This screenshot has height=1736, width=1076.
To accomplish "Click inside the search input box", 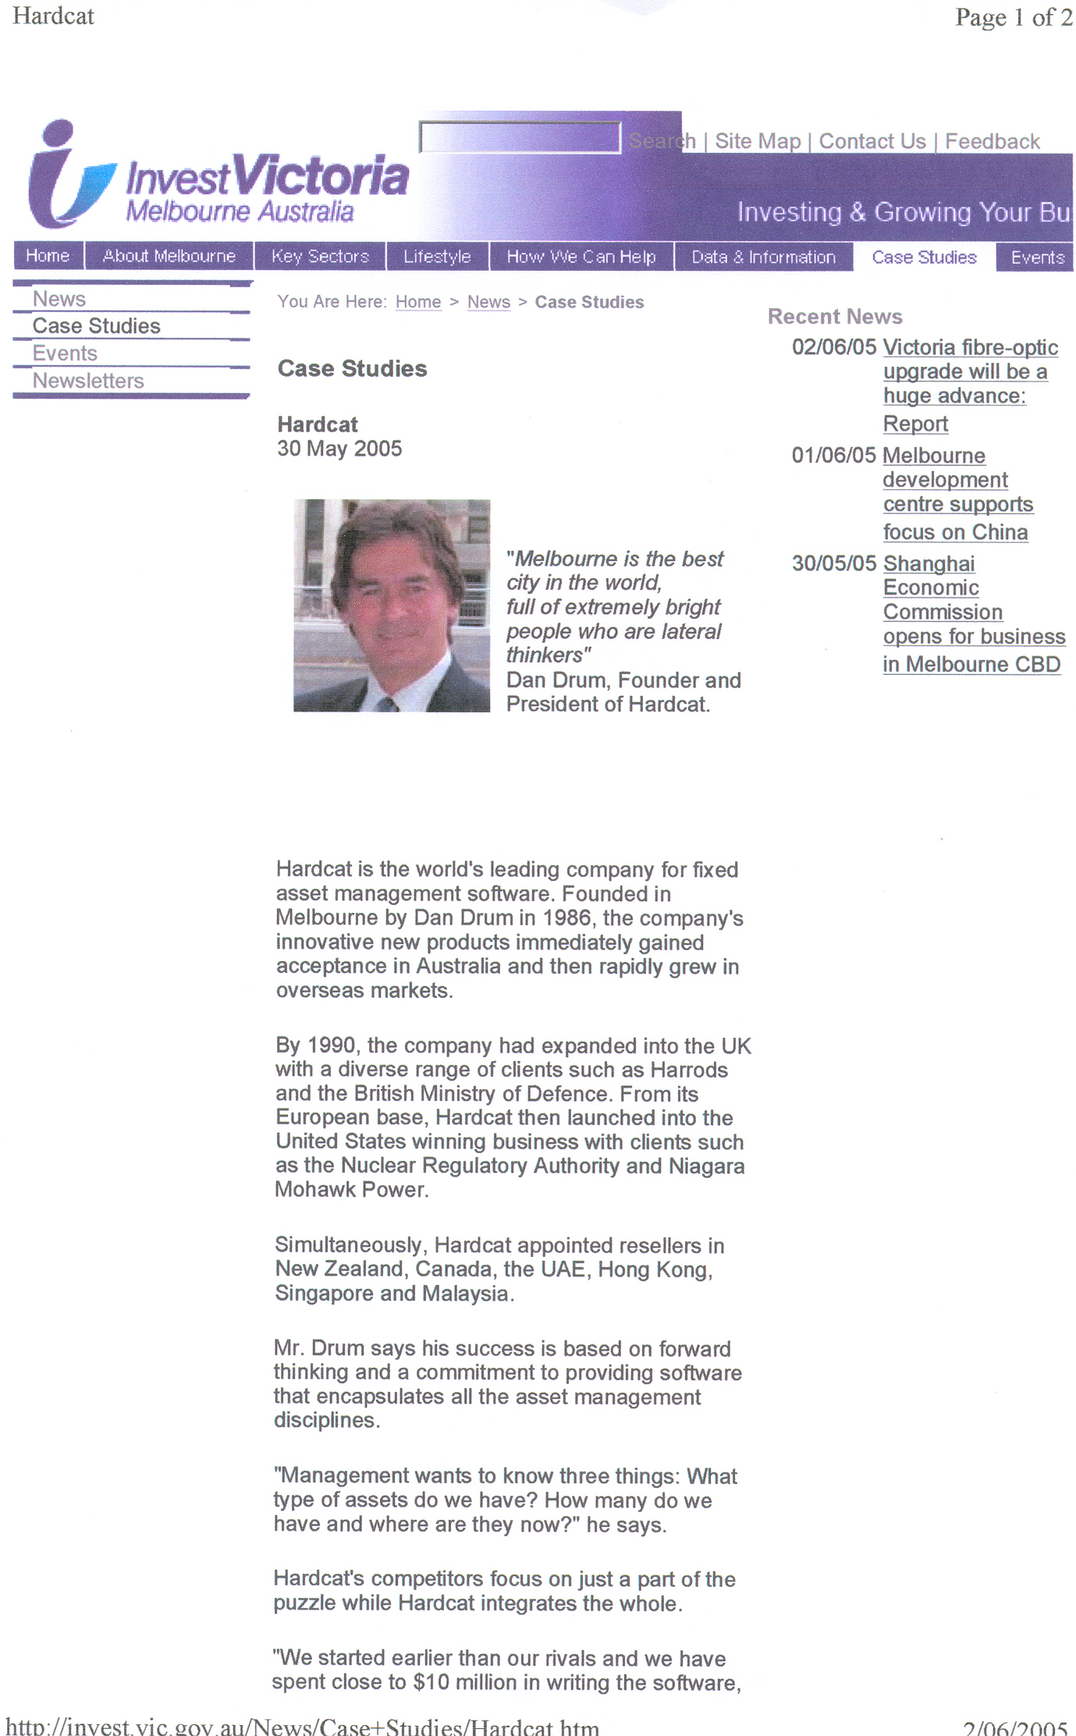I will click(x=519, y=138).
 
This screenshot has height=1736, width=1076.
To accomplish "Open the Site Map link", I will click(x=758, y=141).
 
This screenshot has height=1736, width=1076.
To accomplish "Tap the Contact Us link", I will click(x=872, y=141).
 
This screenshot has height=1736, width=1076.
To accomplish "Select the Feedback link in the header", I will click(x=992, y=141).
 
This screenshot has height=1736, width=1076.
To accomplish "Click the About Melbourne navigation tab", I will click(x=169, y=256).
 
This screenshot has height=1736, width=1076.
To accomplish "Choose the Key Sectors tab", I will click(x=320, y=256).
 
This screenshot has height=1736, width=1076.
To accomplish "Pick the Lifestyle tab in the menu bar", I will click(x=437, y=256).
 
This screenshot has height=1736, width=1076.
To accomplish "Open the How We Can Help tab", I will click(x=581, y=256).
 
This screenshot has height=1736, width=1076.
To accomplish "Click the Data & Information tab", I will click(x=763, y=257).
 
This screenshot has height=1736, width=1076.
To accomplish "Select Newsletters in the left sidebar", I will click(x=88, y=381).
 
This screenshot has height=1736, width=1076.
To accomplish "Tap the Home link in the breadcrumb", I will click(x=418, y=302).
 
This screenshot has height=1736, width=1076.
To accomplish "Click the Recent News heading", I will click(x=835, y=316).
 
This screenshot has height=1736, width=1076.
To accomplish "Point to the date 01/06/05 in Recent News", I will click(x=833, y=455).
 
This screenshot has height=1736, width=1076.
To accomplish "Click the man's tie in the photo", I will click(x=388, y=705).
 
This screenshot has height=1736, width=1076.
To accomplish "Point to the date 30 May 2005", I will click(x=339, y=449).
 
